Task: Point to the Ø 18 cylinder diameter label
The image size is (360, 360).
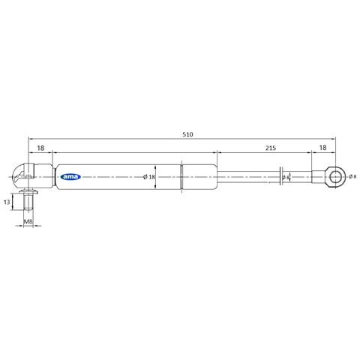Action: (x=148, y=177)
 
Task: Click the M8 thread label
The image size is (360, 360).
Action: (x=28, y=222)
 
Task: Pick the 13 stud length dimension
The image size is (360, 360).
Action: (x=7, y=202)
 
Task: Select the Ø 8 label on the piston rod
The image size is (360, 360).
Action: (x=286, y=178)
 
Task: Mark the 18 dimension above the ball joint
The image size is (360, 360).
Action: (x=40, y=149)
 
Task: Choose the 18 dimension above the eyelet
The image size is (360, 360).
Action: (x=322, y=149)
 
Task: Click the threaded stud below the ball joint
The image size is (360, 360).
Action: (x=28, y=203)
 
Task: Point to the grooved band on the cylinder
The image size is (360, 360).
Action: (x=183, y=178)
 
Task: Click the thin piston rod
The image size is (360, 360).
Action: (x=247, y=178)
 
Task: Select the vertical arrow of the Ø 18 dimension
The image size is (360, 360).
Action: (x=154, y=178)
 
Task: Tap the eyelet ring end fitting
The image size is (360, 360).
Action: (x=336, y=177)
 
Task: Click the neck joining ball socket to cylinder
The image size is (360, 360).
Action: (x=42, y=177)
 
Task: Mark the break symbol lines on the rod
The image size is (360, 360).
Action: (x=280, y=177)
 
